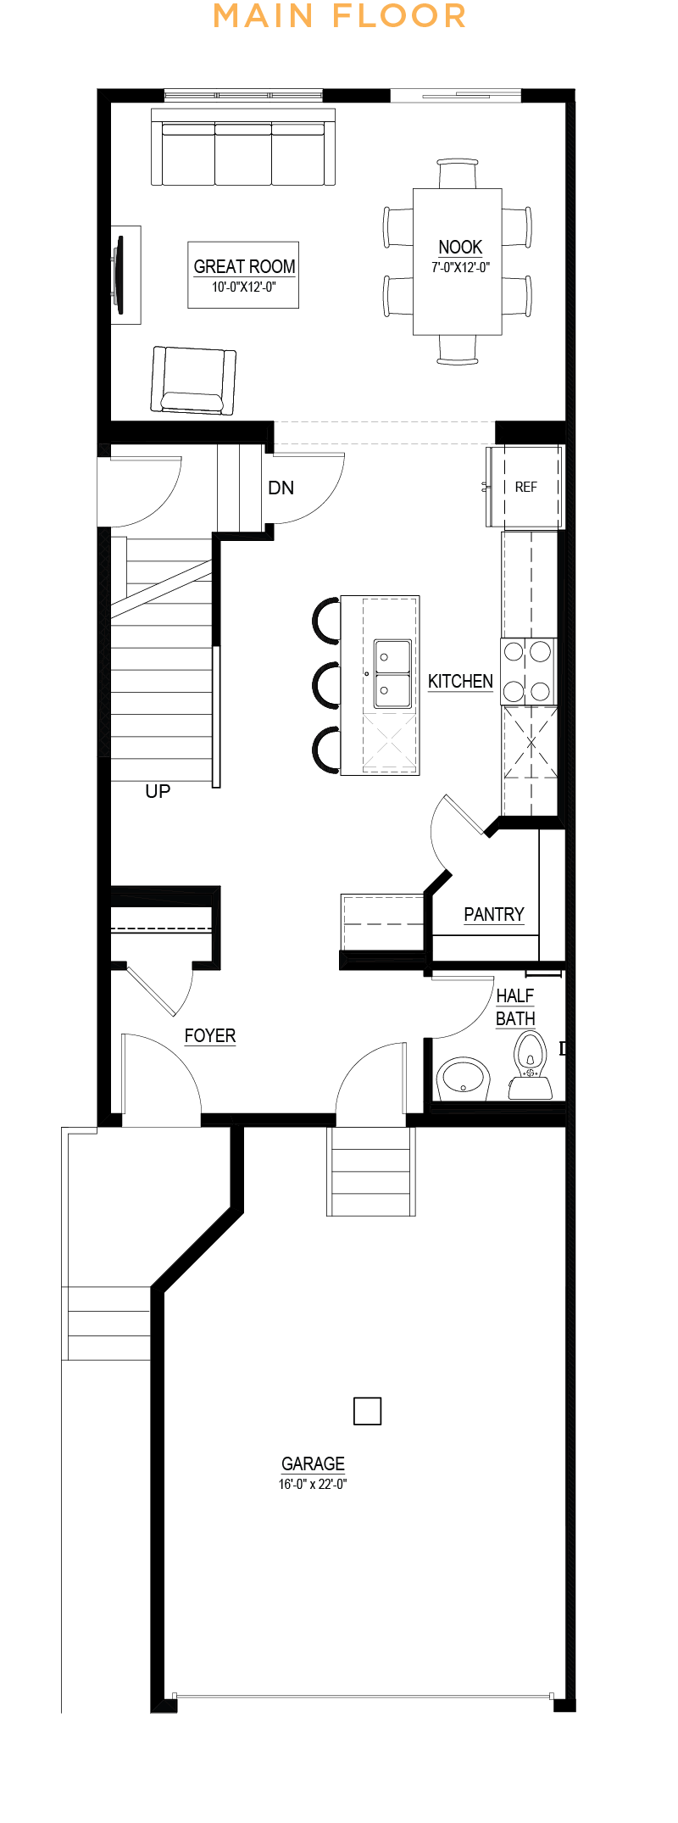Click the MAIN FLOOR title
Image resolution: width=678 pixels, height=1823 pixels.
(x=339, y=16)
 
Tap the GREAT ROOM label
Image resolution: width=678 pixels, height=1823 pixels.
(x=244, y=266)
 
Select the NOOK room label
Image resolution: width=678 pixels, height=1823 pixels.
(x=460, y=247)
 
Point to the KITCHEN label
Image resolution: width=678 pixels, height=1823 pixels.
(x=460, y=681)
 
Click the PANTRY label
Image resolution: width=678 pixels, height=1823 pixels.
(x=494, y=914)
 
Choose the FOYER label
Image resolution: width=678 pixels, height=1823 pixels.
(x=210, y=1035)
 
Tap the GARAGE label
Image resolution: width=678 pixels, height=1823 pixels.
(x=313, y=1463)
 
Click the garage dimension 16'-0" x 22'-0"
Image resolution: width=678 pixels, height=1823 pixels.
(x=313, y=1484)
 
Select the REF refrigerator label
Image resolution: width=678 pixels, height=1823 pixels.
(x=525, y=487)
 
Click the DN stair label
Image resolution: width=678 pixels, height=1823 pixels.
(x=281, y=488)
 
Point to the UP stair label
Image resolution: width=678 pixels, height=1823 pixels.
(x=158, y=791)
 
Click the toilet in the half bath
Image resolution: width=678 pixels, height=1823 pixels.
(x=531, y=1066)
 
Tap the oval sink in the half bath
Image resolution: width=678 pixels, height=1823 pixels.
(x=463, y=1079)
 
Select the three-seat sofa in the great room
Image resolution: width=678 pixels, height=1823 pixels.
(x=243, y=147)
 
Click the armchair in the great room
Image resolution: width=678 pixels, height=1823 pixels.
(x=192, y=380)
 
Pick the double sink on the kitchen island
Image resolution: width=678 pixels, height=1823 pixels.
(x=392, y=674)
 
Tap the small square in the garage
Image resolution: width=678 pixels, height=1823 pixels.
(x=367, y=1411)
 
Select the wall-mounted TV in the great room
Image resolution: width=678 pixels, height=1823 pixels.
(x=118, y=270)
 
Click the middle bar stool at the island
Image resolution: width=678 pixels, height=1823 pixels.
(x=326, y=684)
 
